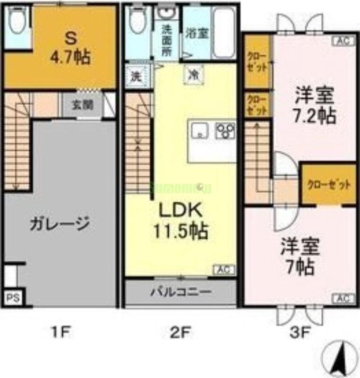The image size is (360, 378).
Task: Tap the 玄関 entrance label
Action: click(83, 105)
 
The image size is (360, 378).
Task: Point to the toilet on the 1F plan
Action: click(17, 22)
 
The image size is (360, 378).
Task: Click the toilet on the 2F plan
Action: click(137, 21)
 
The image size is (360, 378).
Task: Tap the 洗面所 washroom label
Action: click(167, 41)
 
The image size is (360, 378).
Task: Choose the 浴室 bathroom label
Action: click(197, 34)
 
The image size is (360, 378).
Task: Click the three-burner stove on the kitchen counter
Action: click(225, 130)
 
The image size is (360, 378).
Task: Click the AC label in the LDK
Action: click(224, 270)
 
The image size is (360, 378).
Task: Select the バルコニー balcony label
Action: click(180, 292)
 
